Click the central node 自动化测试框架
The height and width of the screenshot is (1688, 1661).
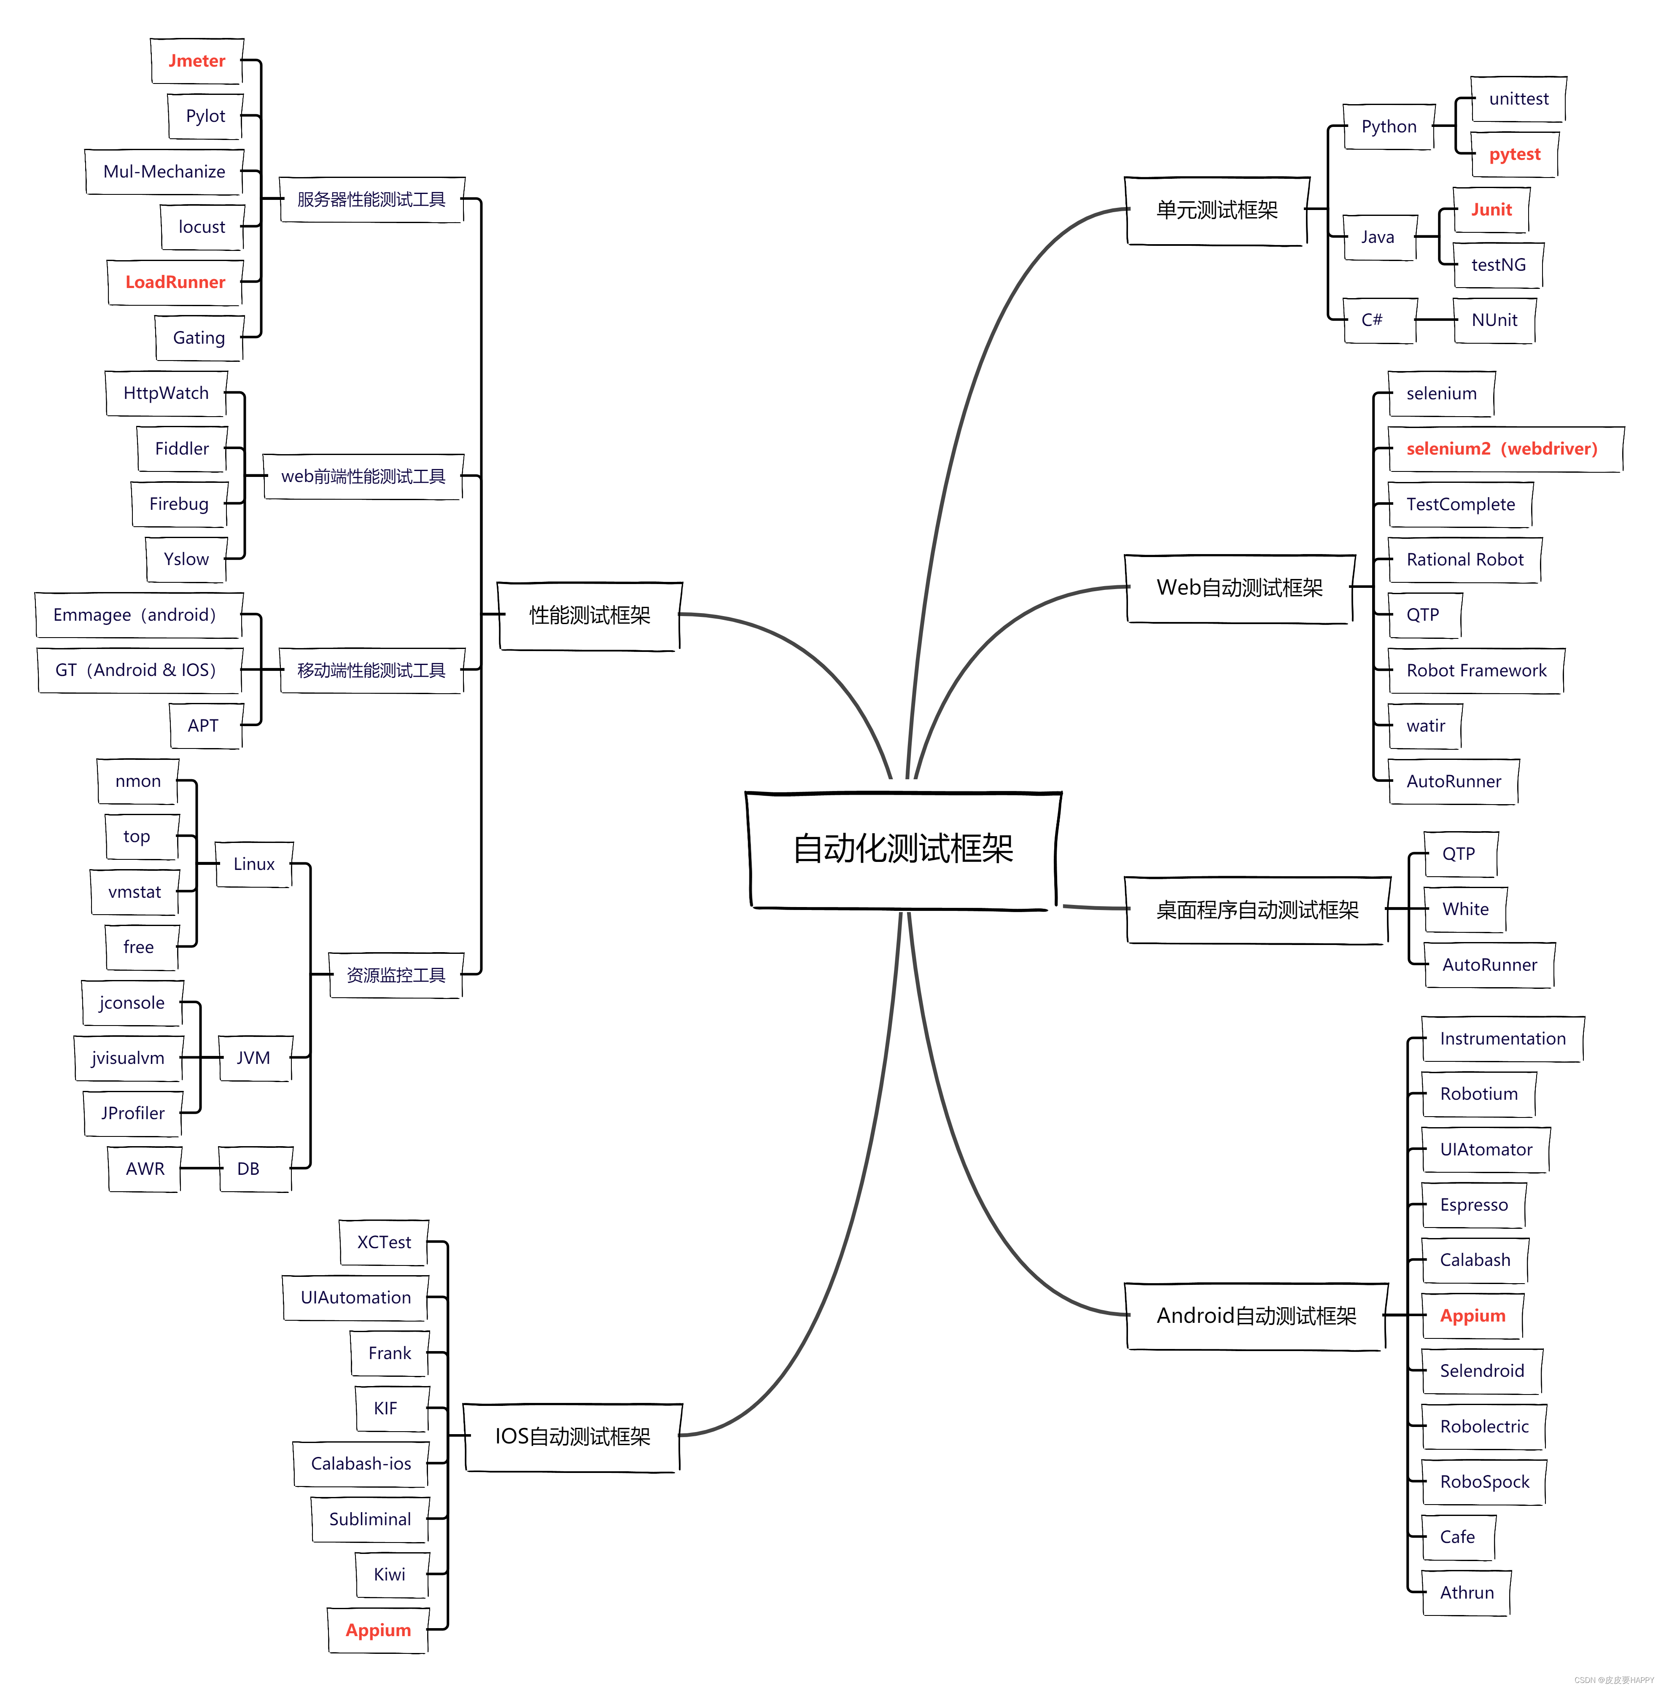tap(903, 849)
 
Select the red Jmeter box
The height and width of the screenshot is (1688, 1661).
tap(197, 61)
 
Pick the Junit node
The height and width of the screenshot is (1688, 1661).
tap(1491, 209)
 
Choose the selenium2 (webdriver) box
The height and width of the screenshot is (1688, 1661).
tap(1502, 448)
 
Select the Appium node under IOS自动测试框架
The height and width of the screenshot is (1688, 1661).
tap(378, 1629)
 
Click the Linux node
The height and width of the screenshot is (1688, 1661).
tap(254, 864)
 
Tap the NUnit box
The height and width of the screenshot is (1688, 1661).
tap(1494, 320)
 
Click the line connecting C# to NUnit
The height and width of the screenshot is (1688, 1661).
tap(1435, 320)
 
